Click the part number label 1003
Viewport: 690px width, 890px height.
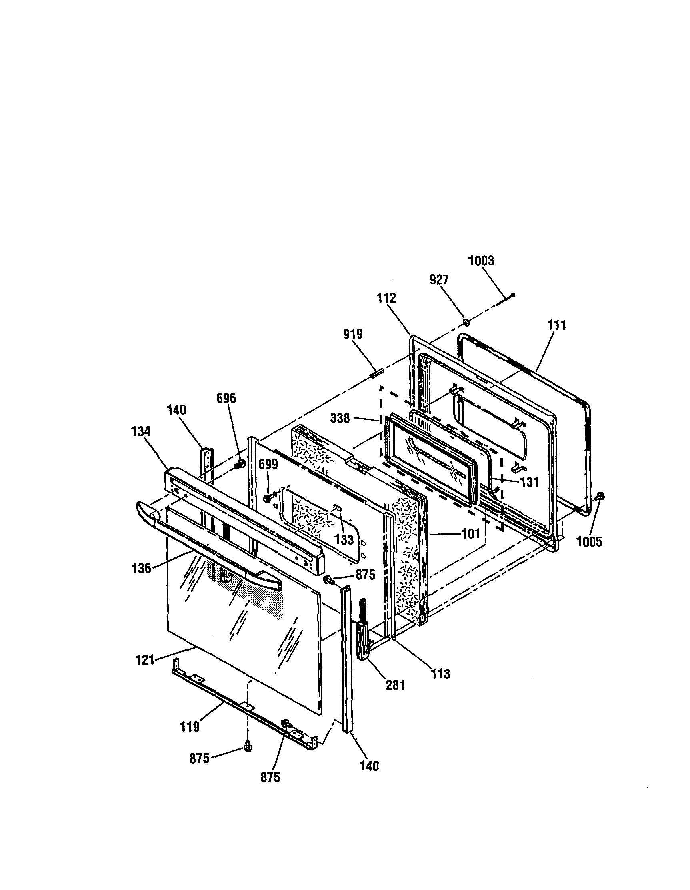481,261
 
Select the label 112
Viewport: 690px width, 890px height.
386,298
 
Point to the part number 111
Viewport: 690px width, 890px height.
556,325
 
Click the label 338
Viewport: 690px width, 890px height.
340,418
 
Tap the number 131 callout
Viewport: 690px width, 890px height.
529,482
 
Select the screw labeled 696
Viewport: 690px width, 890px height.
240,463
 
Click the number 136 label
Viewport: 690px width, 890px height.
141,568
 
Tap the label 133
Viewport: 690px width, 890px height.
344,540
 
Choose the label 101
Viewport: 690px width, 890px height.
471,533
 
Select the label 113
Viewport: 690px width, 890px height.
441,674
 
